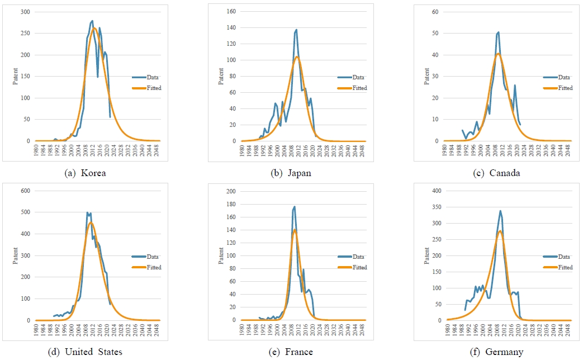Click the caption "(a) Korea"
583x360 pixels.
coord(85,173)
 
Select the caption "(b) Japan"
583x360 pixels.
coord(291,173)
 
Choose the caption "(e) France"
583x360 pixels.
coord(291,352)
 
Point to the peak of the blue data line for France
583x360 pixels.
coord(295,207)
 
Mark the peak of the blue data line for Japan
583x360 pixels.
coord(296,30)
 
